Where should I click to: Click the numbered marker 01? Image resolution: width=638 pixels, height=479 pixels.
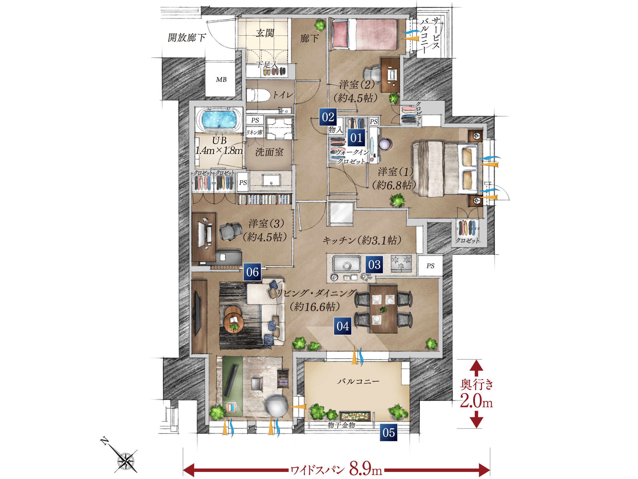(x=356, y=138)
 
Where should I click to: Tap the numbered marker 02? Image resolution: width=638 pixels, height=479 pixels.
(x=328, y=117)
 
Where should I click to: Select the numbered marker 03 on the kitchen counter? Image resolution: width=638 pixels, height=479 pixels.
(x=374, y=265)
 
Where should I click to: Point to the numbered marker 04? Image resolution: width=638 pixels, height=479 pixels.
(x=343, y=326)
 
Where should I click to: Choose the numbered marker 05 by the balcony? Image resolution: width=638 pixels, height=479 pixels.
(x=389, y=433)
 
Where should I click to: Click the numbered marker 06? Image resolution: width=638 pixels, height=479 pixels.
(x=253, y=272)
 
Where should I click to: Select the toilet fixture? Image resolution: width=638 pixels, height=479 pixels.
(x=258, y=95)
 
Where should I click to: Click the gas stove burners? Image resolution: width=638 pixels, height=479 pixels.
(x=401, y=263)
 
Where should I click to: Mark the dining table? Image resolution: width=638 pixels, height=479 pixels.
(x=383, y=309)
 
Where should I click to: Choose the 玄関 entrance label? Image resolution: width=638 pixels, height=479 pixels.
(x=265, y=33)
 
